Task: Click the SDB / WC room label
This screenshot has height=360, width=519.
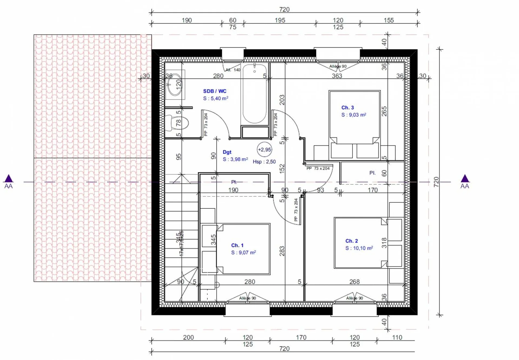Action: [x=215, y=91]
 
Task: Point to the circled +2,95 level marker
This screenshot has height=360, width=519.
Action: [x=264, y=150]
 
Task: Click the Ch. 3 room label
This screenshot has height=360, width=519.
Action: [x=347, y=108]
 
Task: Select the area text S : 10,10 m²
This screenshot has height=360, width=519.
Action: [x=359, y=248]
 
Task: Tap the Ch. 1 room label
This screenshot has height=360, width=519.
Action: [x=237, y=245]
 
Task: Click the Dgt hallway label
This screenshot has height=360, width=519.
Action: [x=227, y=152]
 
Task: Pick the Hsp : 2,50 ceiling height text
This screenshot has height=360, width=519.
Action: [x=264, y=162]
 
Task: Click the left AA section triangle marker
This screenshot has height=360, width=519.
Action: [x=8, y=179]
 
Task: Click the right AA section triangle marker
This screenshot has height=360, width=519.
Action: [x=465, y=179]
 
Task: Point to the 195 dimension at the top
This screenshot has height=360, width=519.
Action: [x=280, y=20]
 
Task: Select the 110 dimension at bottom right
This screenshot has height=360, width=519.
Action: [x=397, y=337]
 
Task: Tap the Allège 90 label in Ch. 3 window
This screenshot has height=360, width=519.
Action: [x=338, y=66]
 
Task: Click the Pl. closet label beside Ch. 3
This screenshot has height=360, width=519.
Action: [x=372, y=173]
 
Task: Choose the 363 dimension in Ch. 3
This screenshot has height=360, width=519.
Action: [x=337, y=76]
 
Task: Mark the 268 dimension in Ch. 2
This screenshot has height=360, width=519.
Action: [x=354, y=282]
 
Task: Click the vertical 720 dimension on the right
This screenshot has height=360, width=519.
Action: [x=436, y=182]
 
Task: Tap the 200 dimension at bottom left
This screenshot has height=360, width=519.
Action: [x=188, y=337]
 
